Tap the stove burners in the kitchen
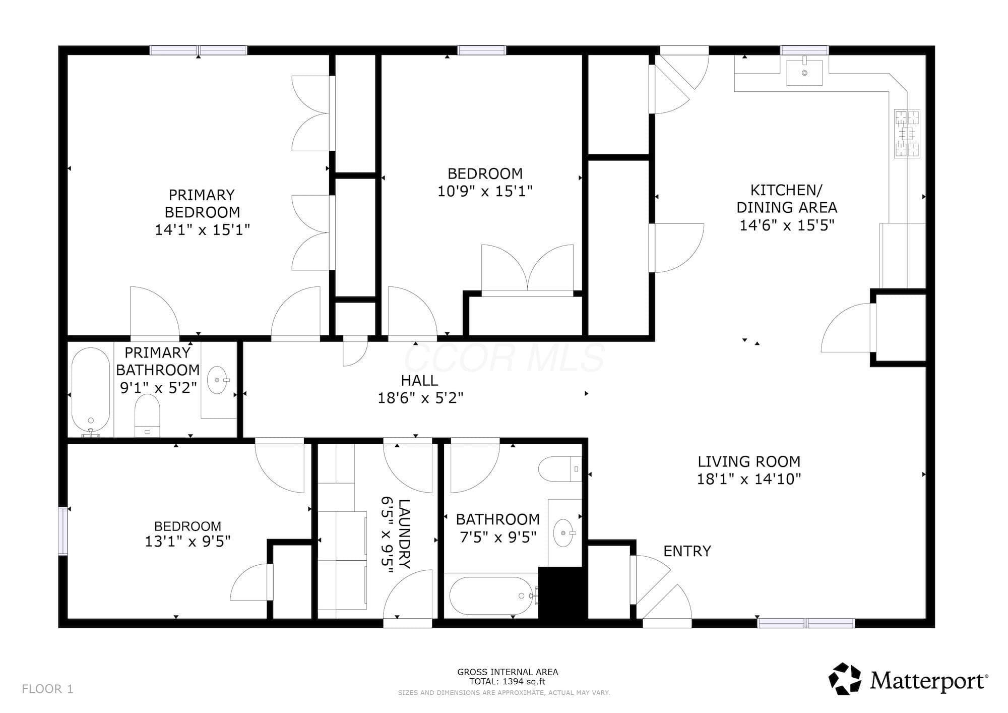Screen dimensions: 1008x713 pyautogui.click(x=907, y=134)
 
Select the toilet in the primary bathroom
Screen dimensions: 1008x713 pyautogui.click(x=148, y=415)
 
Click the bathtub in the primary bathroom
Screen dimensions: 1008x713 pyautogui.click(x=91, y=391)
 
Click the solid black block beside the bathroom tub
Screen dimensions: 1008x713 pyautogui.click(x=563, y=593)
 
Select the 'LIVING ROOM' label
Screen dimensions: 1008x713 pyautogui.click(x=749, y=461)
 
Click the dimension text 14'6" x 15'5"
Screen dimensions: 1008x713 pyautogui.click(x=787, y=225)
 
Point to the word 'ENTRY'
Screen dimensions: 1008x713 pyautogui.click(x=687, y=551)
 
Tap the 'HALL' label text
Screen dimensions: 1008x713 pyautogui.click(x=419, y=380)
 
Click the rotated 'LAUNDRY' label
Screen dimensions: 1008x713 pyautogui.click(x=404, y=533)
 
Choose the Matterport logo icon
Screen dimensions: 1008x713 pyautogui.click(x=845, y=678)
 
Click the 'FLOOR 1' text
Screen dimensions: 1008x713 pyautogui.click(x=48, y=689)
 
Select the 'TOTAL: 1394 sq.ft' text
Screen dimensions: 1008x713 pyautogui.click(x=507, y=682)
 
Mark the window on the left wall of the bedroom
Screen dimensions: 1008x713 pyautogui.click(x=63, y=531)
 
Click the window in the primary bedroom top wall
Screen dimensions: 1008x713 pyautogui.click(x=199, y=50)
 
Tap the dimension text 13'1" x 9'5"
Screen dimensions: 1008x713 pyautogui.click(x=187, y=542)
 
